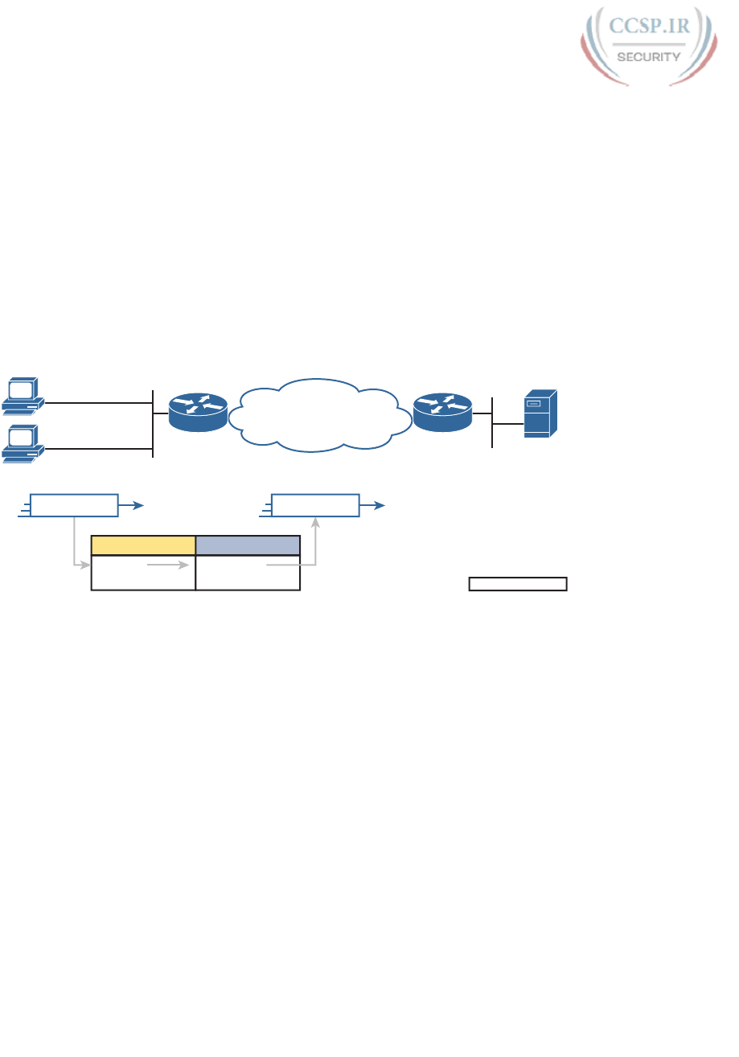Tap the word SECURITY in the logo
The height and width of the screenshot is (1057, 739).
coord(649,56)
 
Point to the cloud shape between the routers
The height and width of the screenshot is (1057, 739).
coord(320,415)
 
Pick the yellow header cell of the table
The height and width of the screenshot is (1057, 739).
coord(143,545)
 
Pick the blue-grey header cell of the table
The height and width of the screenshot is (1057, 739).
coord(248,545)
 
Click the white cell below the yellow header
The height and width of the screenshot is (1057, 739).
coord(143,573)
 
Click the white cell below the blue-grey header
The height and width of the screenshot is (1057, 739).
coord(248,573)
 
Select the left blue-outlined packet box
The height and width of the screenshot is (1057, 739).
coord(74,505)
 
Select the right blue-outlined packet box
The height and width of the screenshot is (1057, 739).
coord(315,505)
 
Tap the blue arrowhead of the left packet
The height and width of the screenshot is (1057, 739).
coord(139,505)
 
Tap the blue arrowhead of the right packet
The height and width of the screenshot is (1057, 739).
coord(381,505)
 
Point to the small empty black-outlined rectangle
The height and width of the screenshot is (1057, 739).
coord(518,583)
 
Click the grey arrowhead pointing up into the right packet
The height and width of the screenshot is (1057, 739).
coord(316,522)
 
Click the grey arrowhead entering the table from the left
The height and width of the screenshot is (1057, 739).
coord(85,566)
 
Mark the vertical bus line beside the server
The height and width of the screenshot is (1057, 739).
coord(491,422)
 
